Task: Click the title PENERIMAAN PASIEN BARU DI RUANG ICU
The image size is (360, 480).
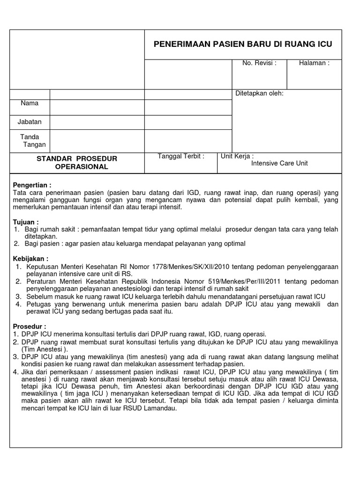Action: click(x=243, y=45)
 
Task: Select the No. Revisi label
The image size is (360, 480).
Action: click(x=259, y=63)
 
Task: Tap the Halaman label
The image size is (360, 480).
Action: click(x=314, y=63)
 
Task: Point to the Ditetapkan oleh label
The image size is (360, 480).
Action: click(x=259, y=93)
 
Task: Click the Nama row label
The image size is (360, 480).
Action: click(x=30, y=103)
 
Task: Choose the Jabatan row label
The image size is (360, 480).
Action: click(x=30, y=122)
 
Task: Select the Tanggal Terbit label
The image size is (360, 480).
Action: click(x=181, y=157)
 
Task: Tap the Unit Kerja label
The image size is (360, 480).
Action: click(x=237, y=157)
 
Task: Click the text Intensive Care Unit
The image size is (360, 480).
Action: click(x=279, y=164)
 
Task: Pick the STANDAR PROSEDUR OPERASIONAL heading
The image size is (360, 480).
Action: click(x=77, y=163)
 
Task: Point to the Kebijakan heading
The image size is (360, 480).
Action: click(x=31, y=259)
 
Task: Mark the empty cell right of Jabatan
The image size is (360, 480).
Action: click(x=97, y=122)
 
